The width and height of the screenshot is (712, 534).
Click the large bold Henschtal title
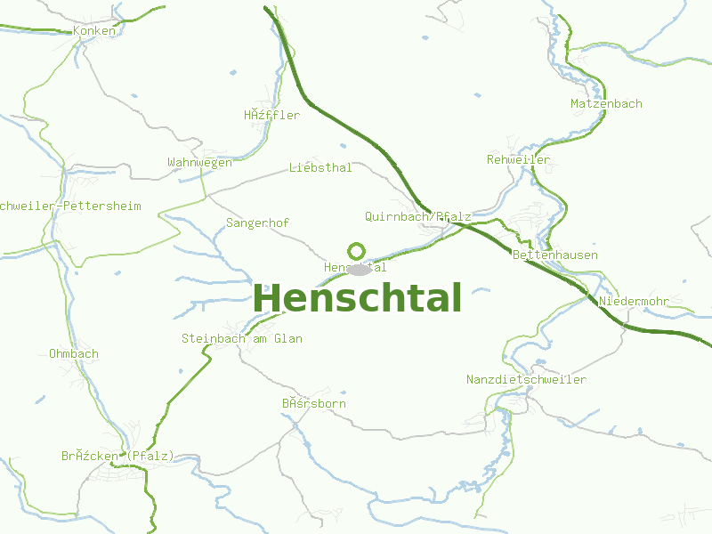click(x=358, y=298)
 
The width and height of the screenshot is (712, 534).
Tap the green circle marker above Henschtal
click(x=357, y=251)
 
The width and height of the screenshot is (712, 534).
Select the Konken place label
click(x=94, y=30)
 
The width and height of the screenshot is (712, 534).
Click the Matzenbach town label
click(x=606, y=103)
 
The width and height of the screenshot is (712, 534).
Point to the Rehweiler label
click(x=518, y=159)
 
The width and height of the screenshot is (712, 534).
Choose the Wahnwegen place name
click(x=199, y=162)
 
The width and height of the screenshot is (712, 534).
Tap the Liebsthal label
click(x=320, y=167)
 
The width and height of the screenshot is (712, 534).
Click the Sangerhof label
click(x=257, y=222)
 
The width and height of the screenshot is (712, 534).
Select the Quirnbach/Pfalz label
click(x=417, y=216)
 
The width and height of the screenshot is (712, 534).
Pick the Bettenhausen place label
click(x=555, y=255)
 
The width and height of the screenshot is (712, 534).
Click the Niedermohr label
click(x=634, y=301)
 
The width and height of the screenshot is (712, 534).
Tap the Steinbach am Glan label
click(x=242, y=338)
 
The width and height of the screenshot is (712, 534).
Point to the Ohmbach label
click(x=74, y=353)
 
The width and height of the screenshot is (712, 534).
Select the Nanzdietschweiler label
click(x=526, y=379)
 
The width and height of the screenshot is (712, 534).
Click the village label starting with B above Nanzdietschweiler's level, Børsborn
click(x=314, y=403)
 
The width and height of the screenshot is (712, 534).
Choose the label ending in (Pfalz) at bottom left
click(x=117, y=456)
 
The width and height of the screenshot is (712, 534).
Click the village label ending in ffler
click(x=271, y=115)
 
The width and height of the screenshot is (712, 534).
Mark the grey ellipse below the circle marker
click(x=360, y=270)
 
